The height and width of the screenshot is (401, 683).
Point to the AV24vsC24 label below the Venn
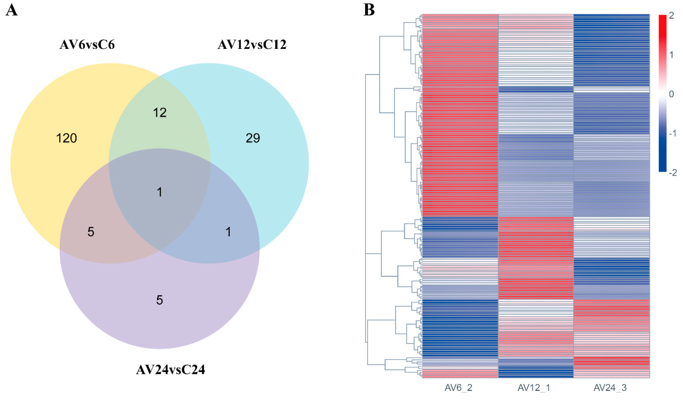(170, 370)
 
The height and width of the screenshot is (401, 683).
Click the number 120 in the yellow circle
(66, 138)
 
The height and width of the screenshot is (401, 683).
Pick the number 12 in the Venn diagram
(160, 113)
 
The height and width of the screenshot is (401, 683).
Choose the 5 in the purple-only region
(160, 300)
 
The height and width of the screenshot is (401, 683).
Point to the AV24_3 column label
(610, 388)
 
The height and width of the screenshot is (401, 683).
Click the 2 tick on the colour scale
(671, 16)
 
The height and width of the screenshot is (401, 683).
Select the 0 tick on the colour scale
(671, 94)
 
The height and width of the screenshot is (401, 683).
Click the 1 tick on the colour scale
(671, 55)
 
